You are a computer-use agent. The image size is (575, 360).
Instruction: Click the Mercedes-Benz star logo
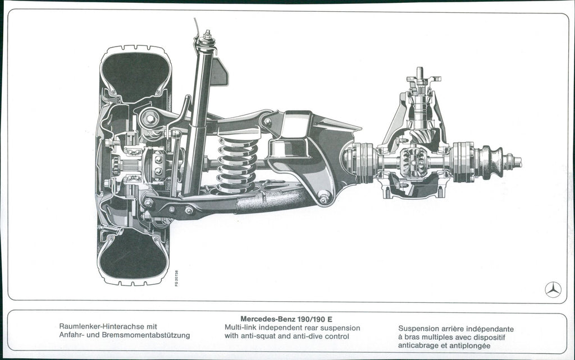pyautogui.click(x=553, y=289)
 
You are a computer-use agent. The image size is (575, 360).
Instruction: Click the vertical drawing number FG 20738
pyautogui.click(x=177, y=278)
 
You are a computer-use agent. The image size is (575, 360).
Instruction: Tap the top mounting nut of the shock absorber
pyautogui.click(x=207, y=36)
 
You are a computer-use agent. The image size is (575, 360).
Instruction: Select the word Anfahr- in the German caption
pyautogui.click(x=72, y=335)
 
